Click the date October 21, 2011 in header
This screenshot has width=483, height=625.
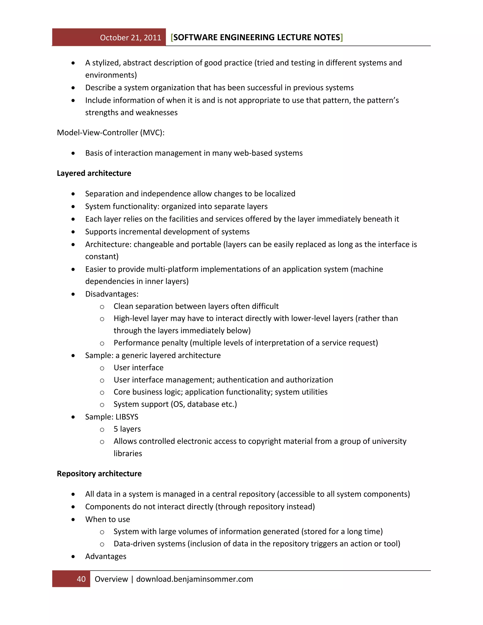pyautogui.click(x=130, y=37)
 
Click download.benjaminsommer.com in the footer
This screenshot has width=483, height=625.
pyautogui.click(x=194, y=579)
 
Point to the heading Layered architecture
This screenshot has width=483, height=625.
pyautogui.click(x=94, y=173)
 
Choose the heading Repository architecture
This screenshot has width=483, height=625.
pyautogui.click(x=99, y=474)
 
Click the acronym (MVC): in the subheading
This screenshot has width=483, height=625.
pyautogui.click(x=152, y=133)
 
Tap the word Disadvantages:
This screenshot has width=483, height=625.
pyautogui.click(x=112, y=294)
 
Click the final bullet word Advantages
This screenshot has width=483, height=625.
pyautogui.click(x=106, y=556)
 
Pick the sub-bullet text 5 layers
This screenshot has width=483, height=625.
pyautogui.click(x=127, y=429)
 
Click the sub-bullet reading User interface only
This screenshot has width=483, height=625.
pyautogui.click(x=138, y=367)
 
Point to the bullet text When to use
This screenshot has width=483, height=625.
pyautogui.click(x=107, y=519)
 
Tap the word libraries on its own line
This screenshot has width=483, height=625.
pyautogui.click(x=128, y=454)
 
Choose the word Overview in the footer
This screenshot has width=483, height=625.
pyautogui.click(x=111, y=579)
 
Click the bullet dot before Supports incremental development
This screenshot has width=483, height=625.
pyautogui.click(x=73, y=232)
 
